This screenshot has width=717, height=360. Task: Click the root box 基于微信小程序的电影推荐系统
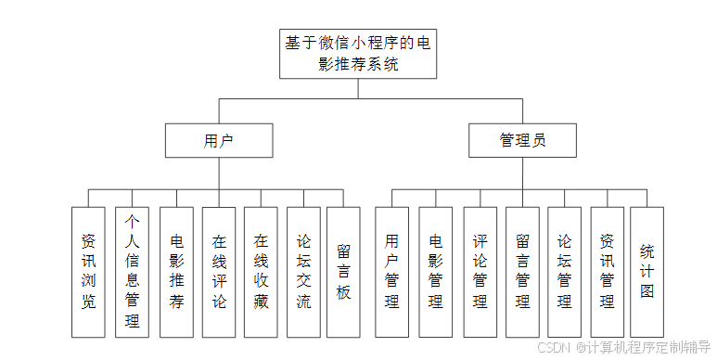click(x=356, y=54)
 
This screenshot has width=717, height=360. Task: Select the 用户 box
click(x=219, y=140)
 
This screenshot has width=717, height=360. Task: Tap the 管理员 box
click(x=522, y=140)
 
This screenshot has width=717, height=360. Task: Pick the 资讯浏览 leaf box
click(x=88, y=271)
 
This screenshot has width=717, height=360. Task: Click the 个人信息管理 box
click(x=132, y=271)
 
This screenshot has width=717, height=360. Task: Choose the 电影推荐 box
click(x=176, y=271)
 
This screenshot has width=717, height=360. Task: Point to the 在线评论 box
click(x=219, y=271)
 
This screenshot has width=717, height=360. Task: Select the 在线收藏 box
click(x=261, y=271)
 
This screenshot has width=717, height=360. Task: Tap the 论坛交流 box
click(x=303, y=271)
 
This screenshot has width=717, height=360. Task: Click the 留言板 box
click(x=343, y=271)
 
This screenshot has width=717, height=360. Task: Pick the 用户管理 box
click(x=391, y=271)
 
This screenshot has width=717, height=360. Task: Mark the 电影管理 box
click(x=435, y=271)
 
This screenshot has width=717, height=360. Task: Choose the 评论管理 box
click(x=480, y=271)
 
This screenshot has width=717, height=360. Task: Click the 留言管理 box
click(x=522, y=271)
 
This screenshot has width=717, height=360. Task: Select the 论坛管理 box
click(x=564, y=271)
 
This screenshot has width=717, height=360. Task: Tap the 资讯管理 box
click(x=607, y=271)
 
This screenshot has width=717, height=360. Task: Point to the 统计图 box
click(x=647, y=271)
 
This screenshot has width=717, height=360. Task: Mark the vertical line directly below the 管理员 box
click(x=522, y=173)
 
